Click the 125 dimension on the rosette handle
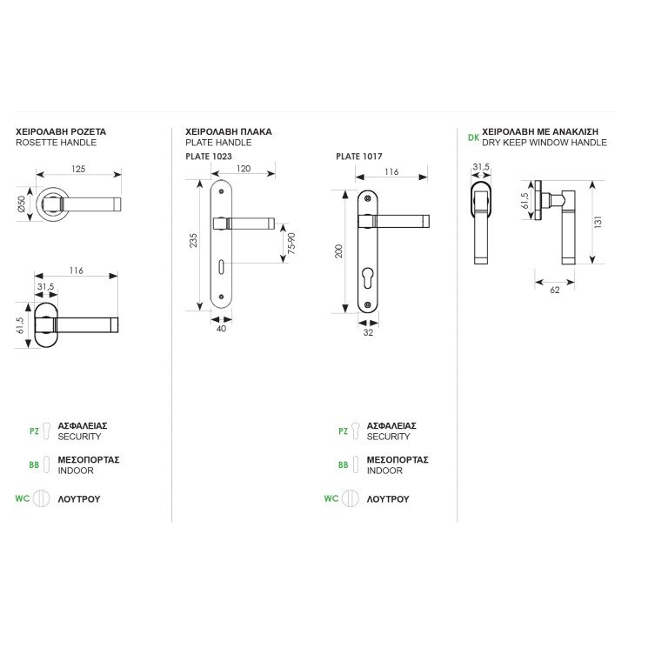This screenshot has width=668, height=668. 78,169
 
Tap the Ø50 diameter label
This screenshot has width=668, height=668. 21,204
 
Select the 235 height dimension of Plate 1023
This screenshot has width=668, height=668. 193,240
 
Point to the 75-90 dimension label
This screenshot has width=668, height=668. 291,244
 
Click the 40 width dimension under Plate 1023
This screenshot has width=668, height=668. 221,329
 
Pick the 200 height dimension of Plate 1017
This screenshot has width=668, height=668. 338,250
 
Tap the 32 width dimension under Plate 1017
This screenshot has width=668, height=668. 368,332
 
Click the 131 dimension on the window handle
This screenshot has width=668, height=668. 598,222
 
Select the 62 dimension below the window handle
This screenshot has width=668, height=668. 555,291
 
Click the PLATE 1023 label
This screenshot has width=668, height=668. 209,157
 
